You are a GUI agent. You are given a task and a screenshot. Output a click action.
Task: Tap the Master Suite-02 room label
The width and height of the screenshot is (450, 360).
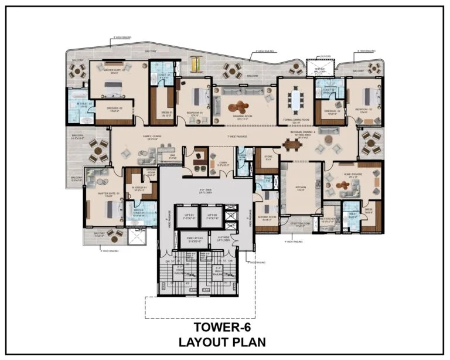pos(110,71)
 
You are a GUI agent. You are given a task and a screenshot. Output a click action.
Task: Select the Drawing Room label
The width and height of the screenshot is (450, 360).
pos(241,117)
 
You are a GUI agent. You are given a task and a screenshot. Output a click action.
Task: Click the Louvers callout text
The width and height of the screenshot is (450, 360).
pos(325,57)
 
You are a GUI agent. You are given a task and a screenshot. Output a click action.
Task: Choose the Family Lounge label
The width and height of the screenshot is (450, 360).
pos(152,137)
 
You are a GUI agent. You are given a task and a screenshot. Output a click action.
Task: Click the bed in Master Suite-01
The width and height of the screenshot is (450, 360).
pos(96,205)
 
